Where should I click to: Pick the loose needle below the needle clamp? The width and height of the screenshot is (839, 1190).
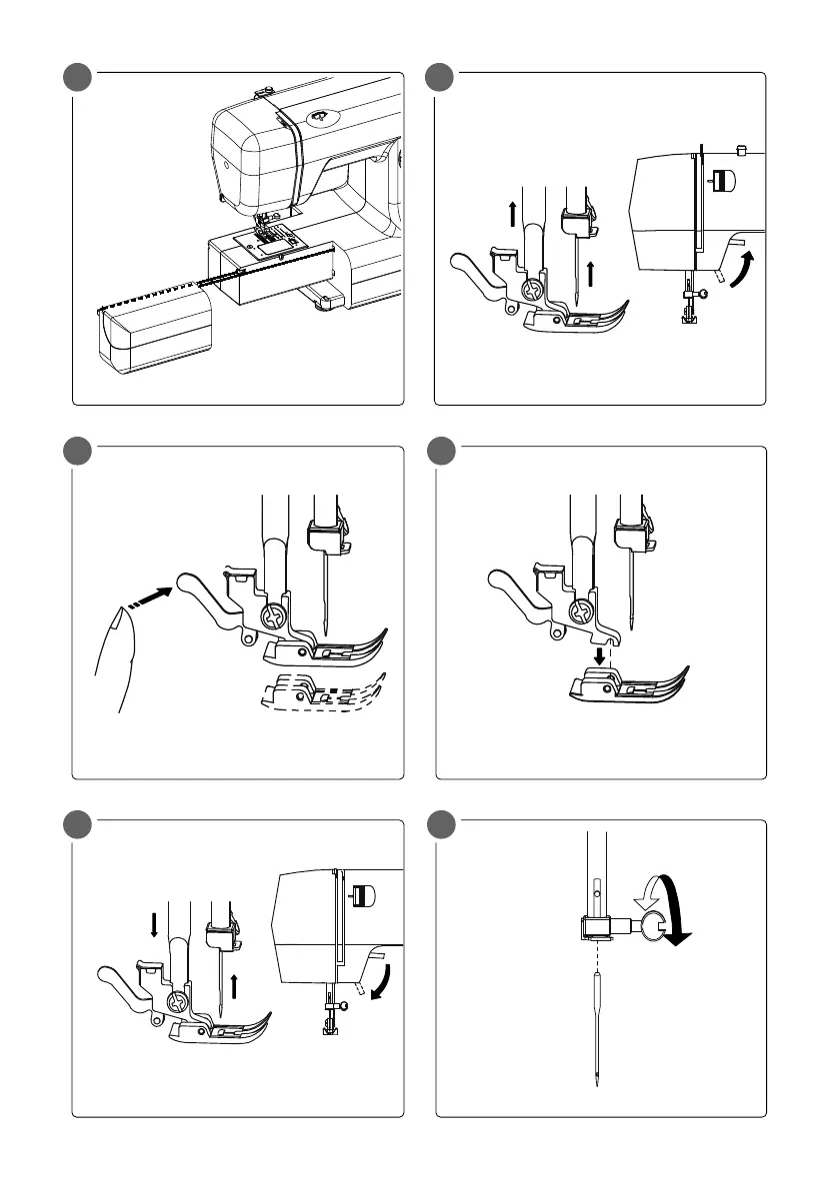[596, 1029]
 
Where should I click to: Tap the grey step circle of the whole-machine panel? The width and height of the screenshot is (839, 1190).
[76, 78]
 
